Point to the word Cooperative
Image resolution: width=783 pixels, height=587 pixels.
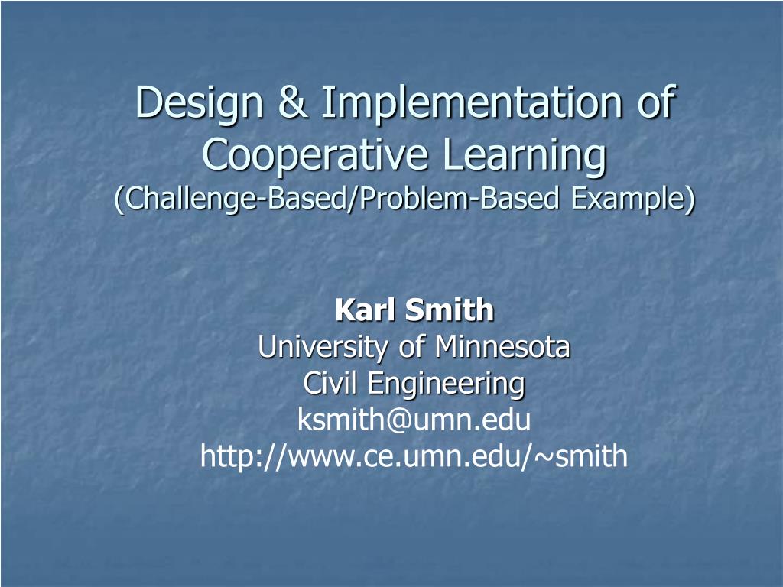coord(315,156)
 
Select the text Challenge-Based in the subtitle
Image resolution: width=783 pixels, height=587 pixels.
coord(236,199)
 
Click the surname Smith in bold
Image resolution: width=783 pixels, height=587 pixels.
coord(449,310)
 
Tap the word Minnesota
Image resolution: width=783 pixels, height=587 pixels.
coord(502,346)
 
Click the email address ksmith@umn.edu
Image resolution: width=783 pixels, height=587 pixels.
coord(414,420)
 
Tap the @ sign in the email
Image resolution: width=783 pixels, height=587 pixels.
coord(398,421)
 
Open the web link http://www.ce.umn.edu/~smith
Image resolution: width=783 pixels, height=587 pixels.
coord(414,456)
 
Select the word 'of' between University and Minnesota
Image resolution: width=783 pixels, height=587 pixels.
coord(411,346)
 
